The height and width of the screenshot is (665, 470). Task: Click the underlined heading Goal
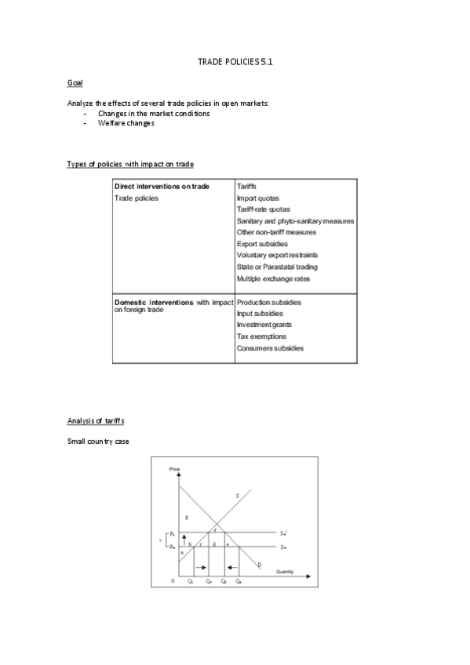75,82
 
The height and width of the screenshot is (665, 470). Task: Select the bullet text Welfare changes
126,123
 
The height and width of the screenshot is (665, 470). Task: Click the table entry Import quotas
258,198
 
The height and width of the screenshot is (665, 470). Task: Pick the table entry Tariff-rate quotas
264,209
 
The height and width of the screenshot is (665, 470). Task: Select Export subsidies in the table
262,244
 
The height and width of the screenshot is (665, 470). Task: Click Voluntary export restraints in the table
277,255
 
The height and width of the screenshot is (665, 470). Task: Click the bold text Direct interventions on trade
162,187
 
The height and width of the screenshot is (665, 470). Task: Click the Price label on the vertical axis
174,469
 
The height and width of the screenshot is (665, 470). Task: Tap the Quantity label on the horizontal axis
285,572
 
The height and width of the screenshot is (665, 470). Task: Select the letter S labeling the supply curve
237,495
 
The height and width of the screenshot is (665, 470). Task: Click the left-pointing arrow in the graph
232,566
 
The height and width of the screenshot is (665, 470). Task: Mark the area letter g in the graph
186,518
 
